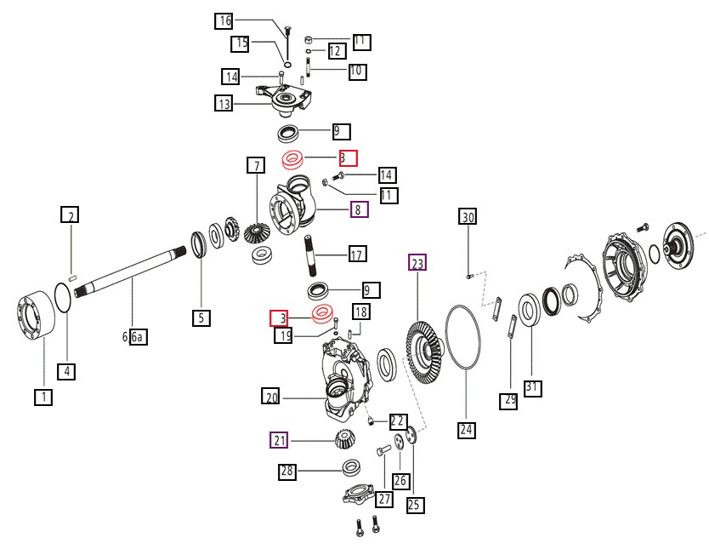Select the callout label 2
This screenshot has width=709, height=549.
click(x=72, y=214)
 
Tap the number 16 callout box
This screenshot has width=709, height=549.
click(x=224, y=21)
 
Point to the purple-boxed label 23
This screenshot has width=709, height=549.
click(x=417, y=263)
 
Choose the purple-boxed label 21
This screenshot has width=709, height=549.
click(x=280, y=440)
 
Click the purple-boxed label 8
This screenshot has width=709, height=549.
click(x=357, y=209)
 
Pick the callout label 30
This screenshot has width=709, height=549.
click(x=468, y=217)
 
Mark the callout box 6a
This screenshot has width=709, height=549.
click(x=138, y=337)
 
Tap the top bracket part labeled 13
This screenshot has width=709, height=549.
click(x=285, y=100)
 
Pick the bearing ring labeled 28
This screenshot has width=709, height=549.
click(x=349, y=466)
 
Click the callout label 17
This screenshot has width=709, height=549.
click(x=357, y=254)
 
